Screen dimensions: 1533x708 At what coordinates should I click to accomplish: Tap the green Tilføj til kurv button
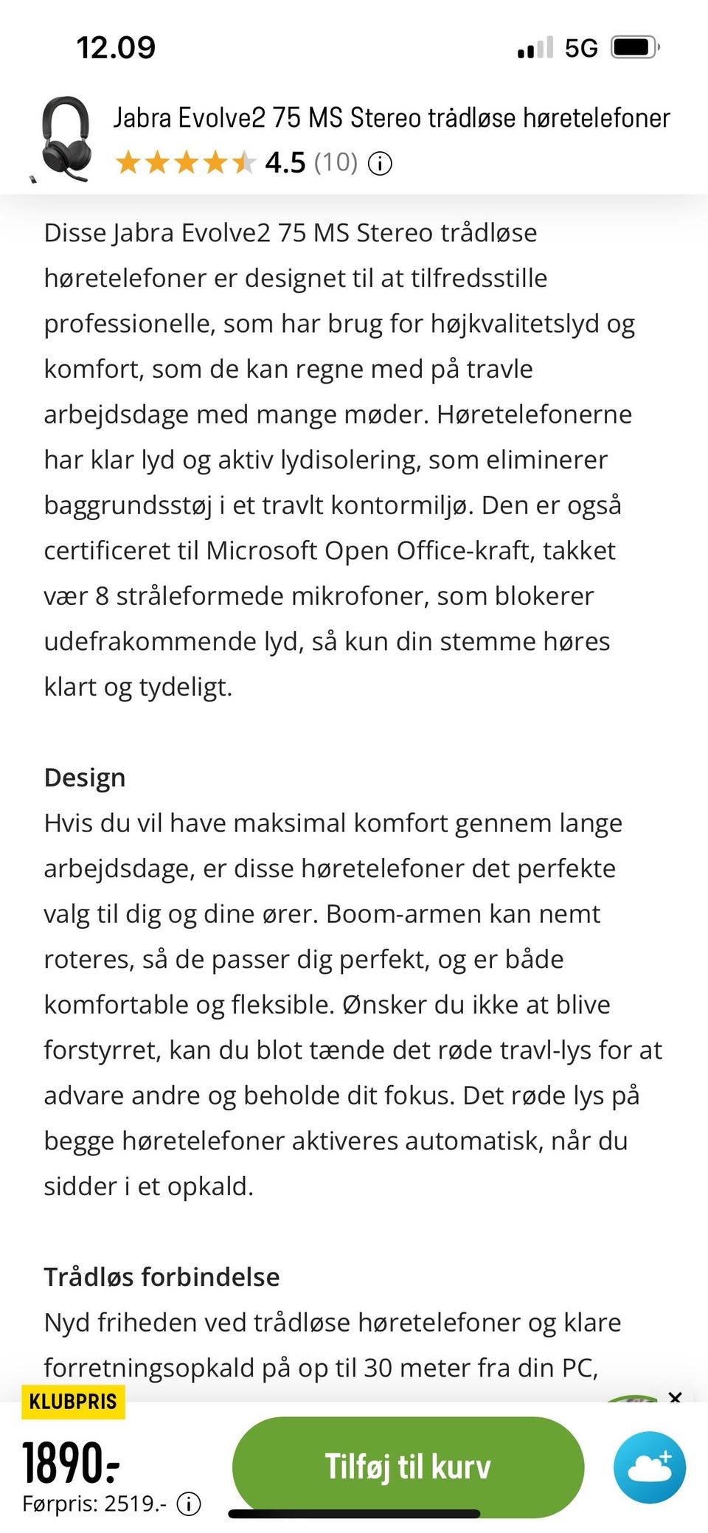408,1466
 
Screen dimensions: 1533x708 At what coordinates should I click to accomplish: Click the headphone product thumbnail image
65,139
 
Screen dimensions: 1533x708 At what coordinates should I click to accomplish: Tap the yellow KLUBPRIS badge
73,1401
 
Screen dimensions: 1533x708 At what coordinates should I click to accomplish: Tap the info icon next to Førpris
189,1503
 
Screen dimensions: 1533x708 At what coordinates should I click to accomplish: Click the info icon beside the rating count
379,163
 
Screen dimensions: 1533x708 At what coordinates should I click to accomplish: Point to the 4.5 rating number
285,162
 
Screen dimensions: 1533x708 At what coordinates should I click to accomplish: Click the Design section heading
85,778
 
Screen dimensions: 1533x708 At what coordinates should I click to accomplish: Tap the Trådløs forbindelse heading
162,1277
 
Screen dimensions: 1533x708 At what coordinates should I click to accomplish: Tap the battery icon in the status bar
634,48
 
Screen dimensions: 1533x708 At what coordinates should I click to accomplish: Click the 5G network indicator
581,48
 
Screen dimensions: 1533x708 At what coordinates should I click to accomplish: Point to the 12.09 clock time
116,48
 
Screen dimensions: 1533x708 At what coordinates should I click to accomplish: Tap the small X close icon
675,1397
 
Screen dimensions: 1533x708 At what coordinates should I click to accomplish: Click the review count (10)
336,162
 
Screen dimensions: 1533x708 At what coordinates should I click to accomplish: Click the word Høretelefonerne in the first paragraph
534,414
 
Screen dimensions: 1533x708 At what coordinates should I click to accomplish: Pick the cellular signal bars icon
535,49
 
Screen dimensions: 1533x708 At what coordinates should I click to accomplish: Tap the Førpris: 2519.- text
94,1503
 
